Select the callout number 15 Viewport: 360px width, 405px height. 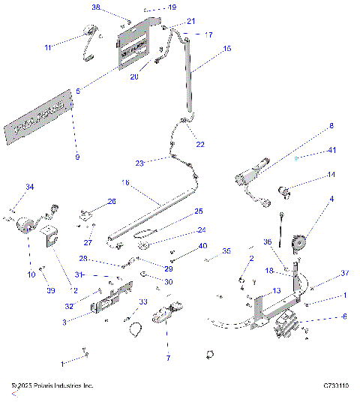(x=228, y=48)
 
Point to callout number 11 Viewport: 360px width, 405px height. (x=47, y=47)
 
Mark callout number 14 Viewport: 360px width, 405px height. (x=331, y=175)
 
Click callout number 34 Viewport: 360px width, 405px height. (x=30, y=187)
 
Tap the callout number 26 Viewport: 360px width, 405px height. (x=112, y=201)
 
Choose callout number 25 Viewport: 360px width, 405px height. (x=199, y=211)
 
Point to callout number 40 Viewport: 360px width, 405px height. (x=202, y=246)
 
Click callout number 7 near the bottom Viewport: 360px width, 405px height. (x=168, y=358)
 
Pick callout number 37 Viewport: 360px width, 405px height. (x=325, y=272)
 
